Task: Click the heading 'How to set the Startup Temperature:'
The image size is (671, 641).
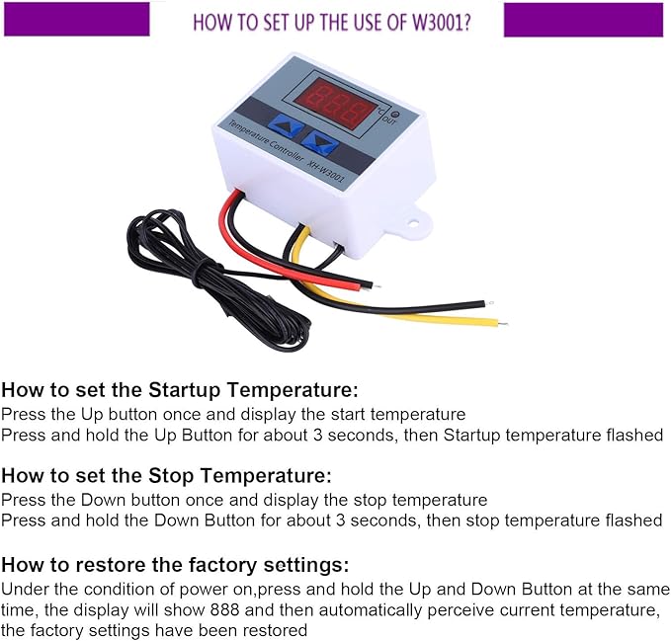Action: pyautogui.click(x=179, y=390)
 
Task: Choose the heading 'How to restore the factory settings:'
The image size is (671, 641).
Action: pyautogui.click(x=175, y=565)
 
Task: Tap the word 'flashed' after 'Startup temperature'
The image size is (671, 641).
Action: pyautogui.click(x=633, y=435)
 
